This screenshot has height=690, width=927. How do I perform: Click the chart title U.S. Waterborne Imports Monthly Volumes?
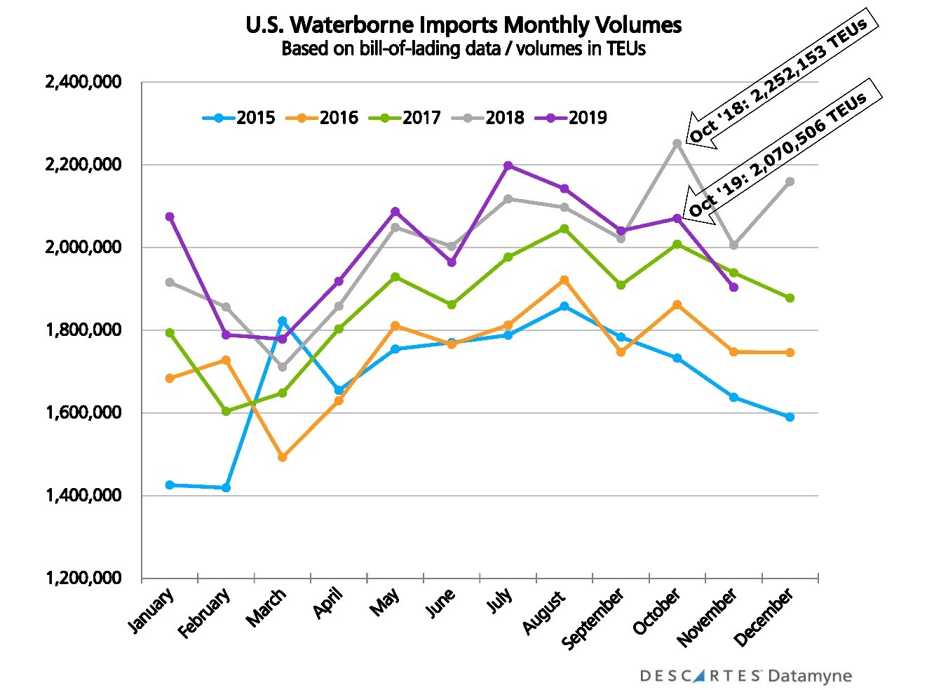click(x=463, y=25)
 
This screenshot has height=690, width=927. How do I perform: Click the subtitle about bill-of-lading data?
click(x=463, y=48)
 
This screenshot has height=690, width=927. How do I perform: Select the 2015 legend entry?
click(x=239, y=118)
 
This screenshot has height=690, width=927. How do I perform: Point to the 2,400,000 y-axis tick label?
click(x=83, y=82)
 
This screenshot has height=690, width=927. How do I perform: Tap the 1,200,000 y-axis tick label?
click(x=83, y=579)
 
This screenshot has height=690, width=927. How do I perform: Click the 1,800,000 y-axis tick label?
click(x=83, y=330)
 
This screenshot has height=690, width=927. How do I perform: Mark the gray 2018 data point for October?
click(x=677, y=143)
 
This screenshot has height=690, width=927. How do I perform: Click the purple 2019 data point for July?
click(x=508, y=165)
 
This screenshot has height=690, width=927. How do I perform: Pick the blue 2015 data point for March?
click(x=283, y=320)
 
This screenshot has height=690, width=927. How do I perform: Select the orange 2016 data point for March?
click(x=283, y=457)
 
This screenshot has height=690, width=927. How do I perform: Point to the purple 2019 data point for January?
click(x=170, y=217)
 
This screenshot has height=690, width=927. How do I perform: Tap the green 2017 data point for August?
click(x=564, y=229)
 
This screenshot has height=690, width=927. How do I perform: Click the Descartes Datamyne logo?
click(x=745, y=676)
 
